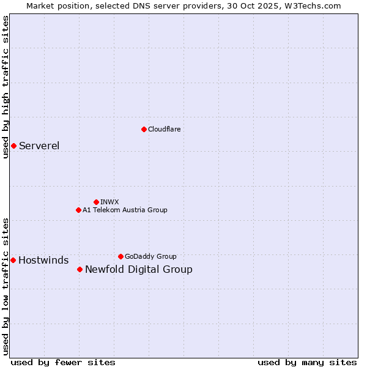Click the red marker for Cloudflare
click(x=144, y=129)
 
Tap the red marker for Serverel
click(x=13, y=146)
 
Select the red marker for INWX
click(x=96, y=202)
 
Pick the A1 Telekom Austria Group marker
click(x=78, y=210)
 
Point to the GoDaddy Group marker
click(x=120, y=256)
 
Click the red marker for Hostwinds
click(x=13, y=260)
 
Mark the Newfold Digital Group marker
click(x=80, y=269)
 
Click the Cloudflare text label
click(x=164, y=129)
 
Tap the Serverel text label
click(x=39, y=146)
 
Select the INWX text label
click(x=109, y=202)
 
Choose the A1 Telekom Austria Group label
click(x=125, y=210)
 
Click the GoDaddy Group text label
click(x=150, y=256)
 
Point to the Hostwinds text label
click(x=43, y=260)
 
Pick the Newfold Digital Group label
click(x=138, y=269)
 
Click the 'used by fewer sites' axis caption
click(x=63, y=362)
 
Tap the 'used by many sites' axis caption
click(x=307, y=362)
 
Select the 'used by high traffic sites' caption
click(x=6, y=87)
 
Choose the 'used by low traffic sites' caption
click(x=6, y=286)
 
